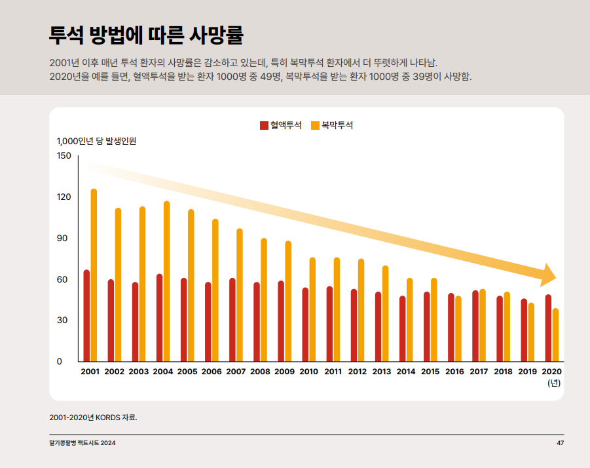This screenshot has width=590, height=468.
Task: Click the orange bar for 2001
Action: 94,275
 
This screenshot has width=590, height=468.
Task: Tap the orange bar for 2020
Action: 555,335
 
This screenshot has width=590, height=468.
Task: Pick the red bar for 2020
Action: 548,328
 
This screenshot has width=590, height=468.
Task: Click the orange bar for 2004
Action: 167,282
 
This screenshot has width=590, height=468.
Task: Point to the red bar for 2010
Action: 305,325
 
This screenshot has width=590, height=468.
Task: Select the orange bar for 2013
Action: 386,314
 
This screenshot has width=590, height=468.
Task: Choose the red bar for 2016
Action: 451,328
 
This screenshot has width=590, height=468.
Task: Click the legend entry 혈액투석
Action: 281,125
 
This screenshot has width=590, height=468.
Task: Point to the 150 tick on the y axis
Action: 64,155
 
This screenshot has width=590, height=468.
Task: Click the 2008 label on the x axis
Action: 260,372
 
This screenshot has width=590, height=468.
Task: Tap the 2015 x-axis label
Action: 430,372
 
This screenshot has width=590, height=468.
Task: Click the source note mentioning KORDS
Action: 93,417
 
